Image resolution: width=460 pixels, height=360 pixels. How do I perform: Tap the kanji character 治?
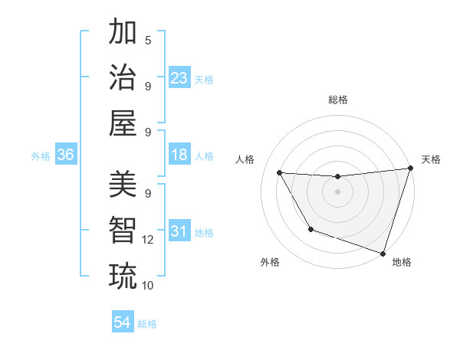point(123,78)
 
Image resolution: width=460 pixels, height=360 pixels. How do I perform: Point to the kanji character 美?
point(123,185)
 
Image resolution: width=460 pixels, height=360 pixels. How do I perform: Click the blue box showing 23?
point(179,77)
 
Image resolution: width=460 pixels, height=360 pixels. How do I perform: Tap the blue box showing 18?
point(179,155)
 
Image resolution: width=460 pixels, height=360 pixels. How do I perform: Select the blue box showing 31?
point(179,232)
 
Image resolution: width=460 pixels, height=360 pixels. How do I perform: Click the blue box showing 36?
point(65,155)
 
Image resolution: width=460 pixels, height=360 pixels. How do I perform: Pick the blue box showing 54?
point(123,322)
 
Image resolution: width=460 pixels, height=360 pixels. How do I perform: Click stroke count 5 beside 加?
point(148,40)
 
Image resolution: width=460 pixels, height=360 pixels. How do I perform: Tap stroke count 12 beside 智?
point(148,240)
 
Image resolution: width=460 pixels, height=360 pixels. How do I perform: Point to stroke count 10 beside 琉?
point(148,286)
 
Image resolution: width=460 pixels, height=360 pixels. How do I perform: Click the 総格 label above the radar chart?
point(337,100)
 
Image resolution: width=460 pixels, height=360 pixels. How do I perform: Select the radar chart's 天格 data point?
point(409,169)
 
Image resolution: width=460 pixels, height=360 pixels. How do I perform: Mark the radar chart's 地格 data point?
point(383,252)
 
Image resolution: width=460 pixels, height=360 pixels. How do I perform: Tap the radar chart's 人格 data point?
point(280,173)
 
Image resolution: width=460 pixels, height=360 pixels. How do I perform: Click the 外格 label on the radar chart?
point(270,262)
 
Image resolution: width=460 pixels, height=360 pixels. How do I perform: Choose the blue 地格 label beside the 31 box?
point(204,233)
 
